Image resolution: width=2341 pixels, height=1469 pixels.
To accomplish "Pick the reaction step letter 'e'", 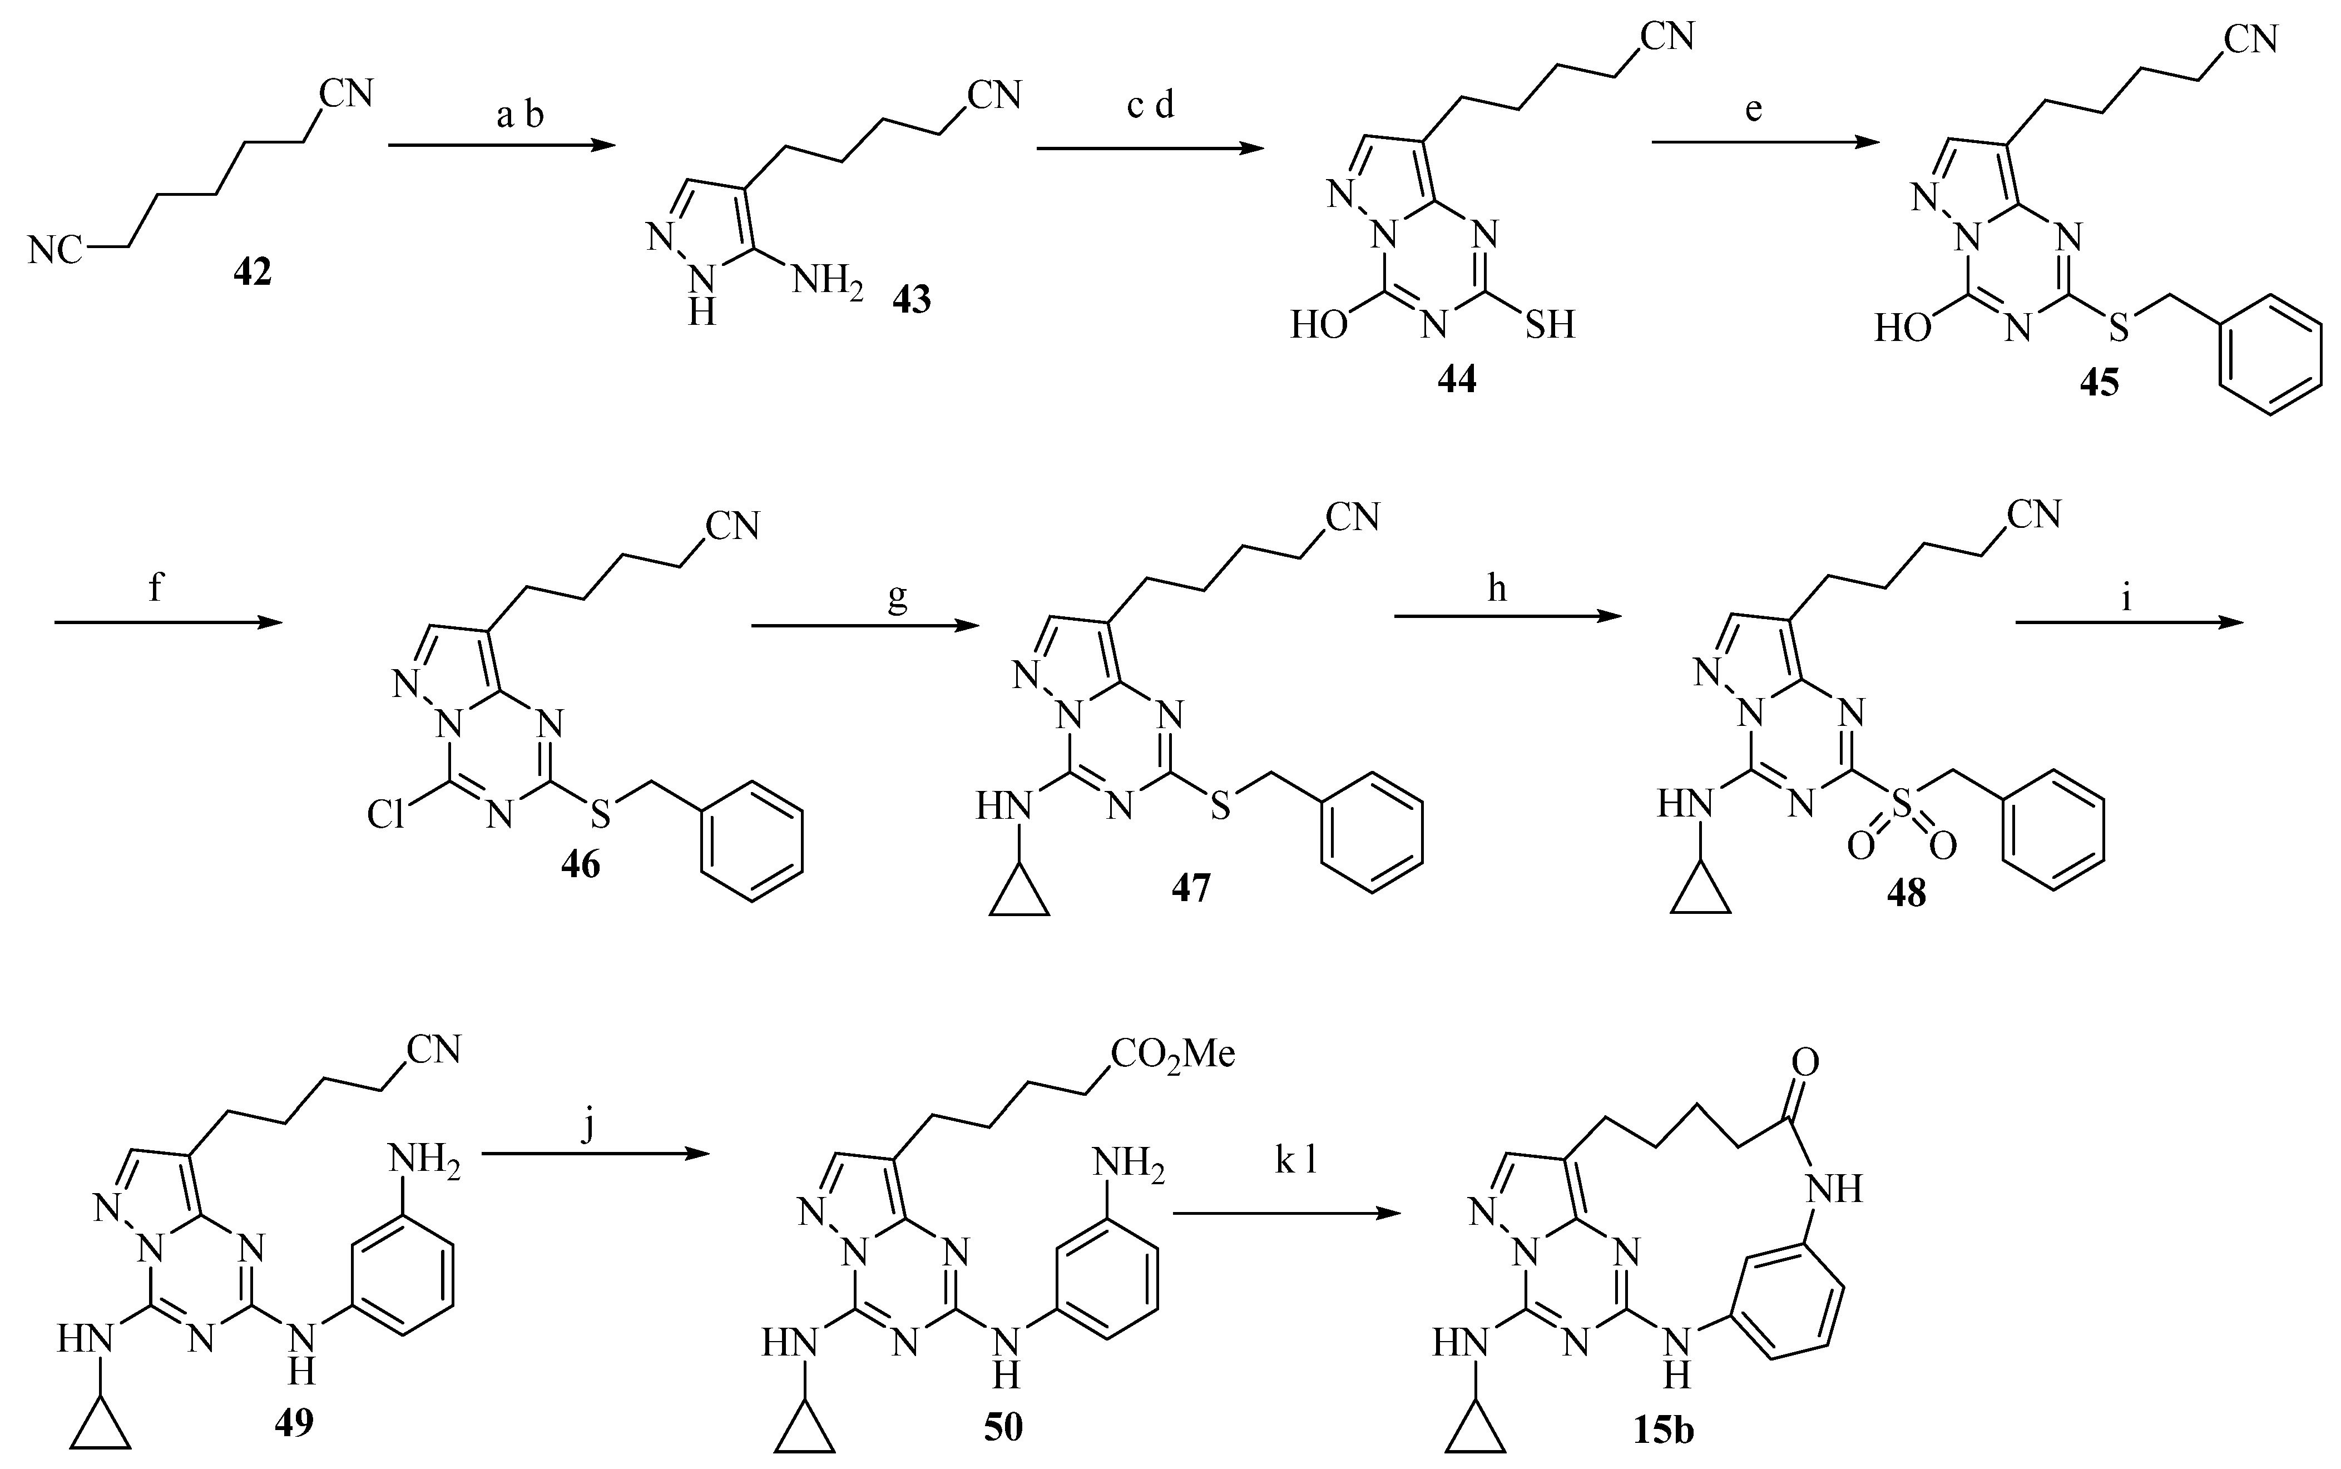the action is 1753,110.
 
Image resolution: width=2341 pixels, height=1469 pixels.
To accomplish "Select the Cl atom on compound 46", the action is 385,814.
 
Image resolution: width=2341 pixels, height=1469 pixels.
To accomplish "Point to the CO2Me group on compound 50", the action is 1172,1054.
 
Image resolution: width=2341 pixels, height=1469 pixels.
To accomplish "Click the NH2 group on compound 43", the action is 826,282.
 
